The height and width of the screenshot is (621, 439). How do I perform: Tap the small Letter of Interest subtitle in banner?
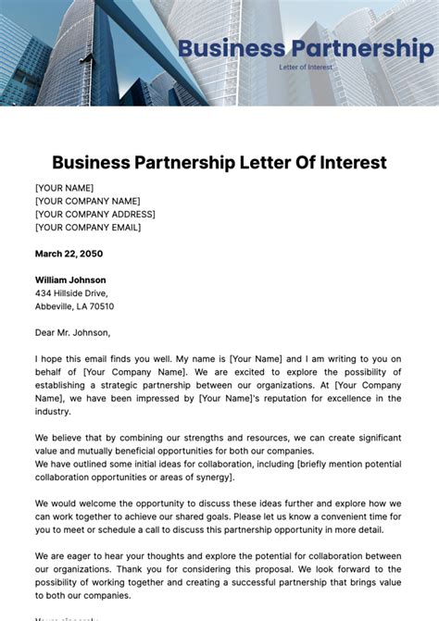click(x=306, y=67)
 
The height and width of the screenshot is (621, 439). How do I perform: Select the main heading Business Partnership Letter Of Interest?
click(x=219, y=163)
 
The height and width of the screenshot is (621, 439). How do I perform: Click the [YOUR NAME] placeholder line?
click(x=64, y=188)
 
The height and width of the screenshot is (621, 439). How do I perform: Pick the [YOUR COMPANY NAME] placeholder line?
click(x=88, y=201)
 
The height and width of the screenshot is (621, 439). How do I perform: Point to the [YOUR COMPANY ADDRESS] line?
click(x=95, y=214)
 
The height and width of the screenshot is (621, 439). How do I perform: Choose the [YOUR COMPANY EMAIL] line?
click(x=88, y=227)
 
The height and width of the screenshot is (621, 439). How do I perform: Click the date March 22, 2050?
click(x=69, y=254)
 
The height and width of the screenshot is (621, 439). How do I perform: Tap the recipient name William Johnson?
click(x=70, y=279)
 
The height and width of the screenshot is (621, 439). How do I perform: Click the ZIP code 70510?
click(x=101, y=306)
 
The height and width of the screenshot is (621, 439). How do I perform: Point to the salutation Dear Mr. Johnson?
click(x=72, y=332)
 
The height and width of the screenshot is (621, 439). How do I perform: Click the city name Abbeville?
click(x=55, y=306)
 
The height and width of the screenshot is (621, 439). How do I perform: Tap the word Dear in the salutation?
click(x=45, y=332)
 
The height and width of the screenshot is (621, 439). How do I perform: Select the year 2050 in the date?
click(x=91, y=254)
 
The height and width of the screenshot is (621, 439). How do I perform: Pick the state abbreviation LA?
click(x=82, y=306)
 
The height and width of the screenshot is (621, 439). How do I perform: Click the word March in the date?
click(x=48, y=254)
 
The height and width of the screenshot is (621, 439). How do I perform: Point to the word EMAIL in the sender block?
click(x=121, y=227)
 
